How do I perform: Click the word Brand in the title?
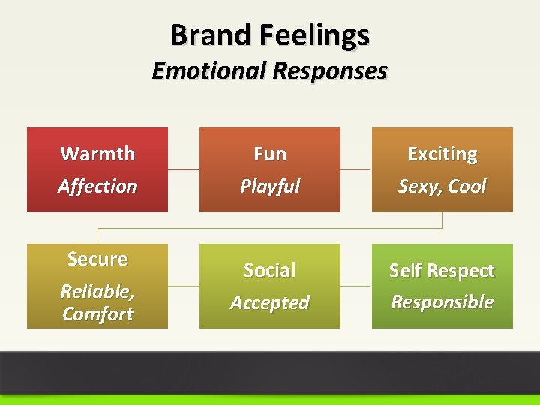[211, 34]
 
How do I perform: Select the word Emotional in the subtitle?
[209, 70]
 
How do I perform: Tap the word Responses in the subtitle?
[330, 70]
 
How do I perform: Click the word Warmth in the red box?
[97, 154]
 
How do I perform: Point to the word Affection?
[97, 186]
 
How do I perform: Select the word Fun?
[270, 154]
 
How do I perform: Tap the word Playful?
[270, 186]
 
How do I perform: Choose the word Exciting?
[442, 154]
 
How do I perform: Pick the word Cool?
[468, 186]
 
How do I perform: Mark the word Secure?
[97, 259]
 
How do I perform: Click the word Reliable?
[97, 291]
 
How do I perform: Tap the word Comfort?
[97, 313]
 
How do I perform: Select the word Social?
[270, 270]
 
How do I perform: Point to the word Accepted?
[270, 302]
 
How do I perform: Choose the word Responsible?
[442, 301]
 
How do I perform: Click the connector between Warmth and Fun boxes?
[183, 169]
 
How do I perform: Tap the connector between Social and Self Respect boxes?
[355, 286]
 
